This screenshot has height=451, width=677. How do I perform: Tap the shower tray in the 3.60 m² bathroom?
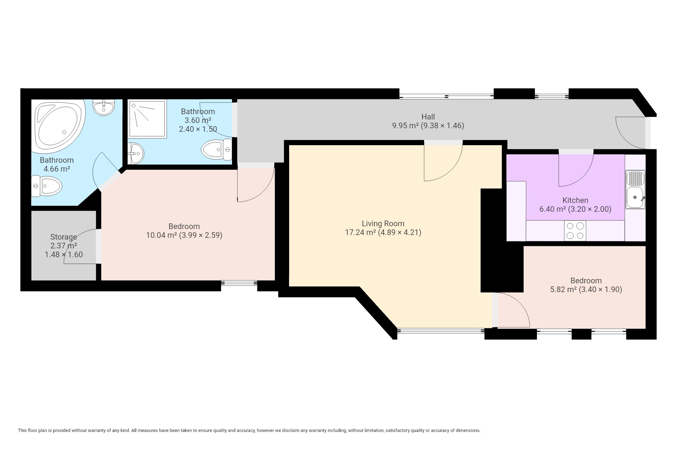coord(148,119)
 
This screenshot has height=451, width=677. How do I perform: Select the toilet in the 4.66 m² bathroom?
coord(47,186)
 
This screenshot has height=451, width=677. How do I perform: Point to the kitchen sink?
coord(635,190)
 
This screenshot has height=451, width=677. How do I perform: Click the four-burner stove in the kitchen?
coord(575,230)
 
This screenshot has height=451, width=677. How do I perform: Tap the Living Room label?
coord(383,223)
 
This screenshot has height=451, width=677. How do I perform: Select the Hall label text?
coord(428,117)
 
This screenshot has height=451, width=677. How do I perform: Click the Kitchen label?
coord(575,200)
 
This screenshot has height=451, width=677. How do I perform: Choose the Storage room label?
coord(63,237)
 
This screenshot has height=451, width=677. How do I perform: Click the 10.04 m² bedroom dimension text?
coord(184,235)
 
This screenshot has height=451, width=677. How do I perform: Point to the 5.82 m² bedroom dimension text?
coord(586,289)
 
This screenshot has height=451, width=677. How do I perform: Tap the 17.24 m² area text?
coord(383,232)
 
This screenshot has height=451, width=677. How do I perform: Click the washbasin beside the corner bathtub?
coord(104,107)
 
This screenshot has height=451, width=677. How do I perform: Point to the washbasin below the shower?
coord(135,154)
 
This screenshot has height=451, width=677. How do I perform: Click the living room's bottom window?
coord(441,330)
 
